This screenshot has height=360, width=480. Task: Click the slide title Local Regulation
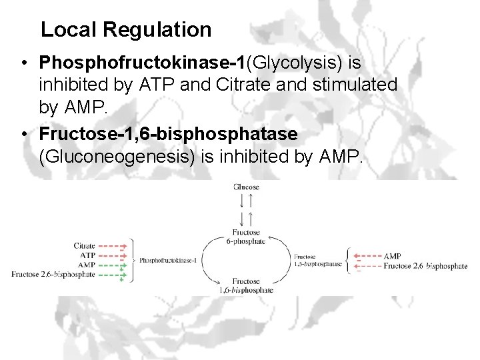click(x=126, y=30)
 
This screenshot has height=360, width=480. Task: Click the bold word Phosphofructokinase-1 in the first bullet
click(x=142, y=63)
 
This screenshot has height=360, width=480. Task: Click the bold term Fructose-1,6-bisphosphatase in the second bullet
click(x=168, y=134)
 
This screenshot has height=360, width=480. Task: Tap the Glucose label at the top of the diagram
click(x=246, y=187)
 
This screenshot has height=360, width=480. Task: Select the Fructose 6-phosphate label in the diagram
click(x=246, y=237)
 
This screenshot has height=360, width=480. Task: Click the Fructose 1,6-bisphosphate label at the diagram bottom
click(x=246, y=286)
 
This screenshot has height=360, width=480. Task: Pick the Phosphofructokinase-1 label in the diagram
click(x=168, y=260)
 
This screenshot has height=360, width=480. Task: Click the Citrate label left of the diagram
click(x=85, y=246)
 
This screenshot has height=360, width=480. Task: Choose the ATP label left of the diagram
click(x=88, y=255)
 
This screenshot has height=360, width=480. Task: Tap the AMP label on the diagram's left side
click(x=87, y=265)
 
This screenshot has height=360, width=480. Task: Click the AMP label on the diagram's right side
click(x=393, y=256)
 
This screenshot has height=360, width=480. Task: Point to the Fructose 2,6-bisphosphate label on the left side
click(x=53, y=274)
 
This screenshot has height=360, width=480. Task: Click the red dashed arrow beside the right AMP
click(x=367, y=256)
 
